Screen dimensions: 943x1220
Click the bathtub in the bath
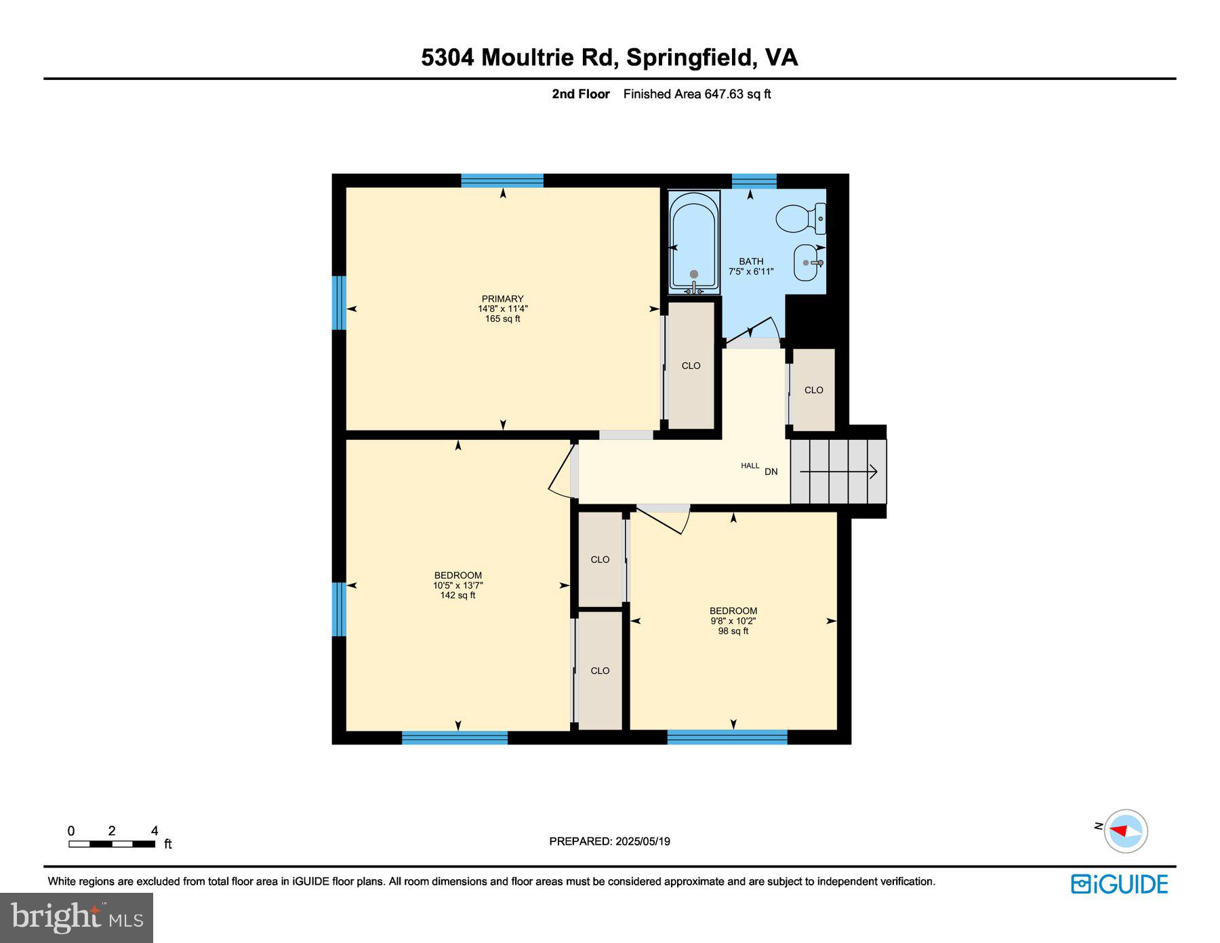[x=693, y=242]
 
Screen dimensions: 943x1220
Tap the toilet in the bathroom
[x=798, y=218]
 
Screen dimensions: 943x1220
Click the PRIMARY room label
[x=502, y=299]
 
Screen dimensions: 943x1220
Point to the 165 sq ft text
[x=502, y=319]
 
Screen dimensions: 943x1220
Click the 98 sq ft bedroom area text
[x=733, y=631]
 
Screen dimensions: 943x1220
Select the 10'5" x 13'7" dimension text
[x=457, y=586]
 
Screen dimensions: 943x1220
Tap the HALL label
[x=750, y=466]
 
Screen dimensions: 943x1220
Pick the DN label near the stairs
[x=771, y=472]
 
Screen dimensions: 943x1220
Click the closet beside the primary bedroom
[x=691, y=365]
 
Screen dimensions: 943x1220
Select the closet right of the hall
[x=813, y=390]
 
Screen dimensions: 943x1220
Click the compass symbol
[x=1125, y=830]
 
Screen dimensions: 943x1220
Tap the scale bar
[x=112, y=844]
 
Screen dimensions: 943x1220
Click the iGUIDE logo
[x=1119, y=884]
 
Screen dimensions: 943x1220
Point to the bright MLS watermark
[x=77, y=917]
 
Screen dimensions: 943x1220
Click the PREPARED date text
[x=609, y=841]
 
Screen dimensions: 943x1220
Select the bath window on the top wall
[x=754, y=180]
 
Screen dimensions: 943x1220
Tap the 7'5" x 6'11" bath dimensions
[x=751, y=272]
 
